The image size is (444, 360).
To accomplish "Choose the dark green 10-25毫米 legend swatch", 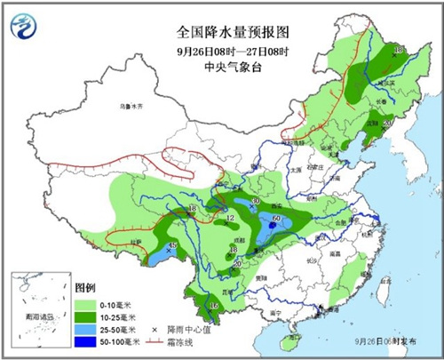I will coord(90,317).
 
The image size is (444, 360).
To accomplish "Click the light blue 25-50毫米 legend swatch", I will coord(90,329).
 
